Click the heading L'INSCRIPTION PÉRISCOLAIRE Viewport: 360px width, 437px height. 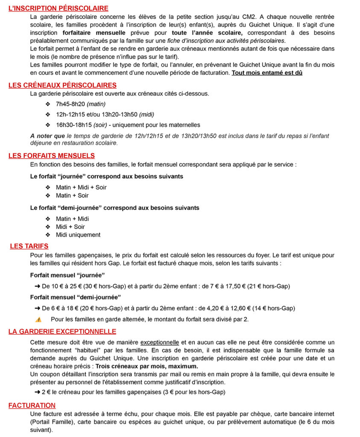(x=59, y=8)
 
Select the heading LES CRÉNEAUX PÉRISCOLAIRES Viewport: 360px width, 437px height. (x=62, y=85)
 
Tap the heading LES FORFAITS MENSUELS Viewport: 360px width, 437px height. (x=52, y=156)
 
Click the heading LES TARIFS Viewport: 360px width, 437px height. (x=29, y=246)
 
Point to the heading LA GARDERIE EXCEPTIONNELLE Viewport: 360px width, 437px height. (x=62, y=332)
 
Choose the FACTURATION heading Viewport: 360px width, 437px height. (x=32, y=405)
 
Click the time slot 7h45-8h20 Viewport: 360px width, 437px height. (x=70, y=104)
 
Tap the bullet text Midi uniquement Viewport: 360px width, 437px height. (x=78, y=235)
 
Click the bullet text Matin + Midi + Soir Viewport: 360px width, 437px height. (x=81, y=187)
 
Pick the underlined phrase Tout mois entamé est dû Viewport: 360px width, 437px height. (x=267, y=73)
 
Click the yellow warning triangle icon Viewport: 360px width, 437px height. (x=38, y=319)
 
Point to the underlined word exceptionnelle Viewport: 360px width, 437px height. (x=160, y=342)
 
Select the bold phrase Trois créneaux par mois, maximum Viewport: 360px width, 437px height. (x=146, y=367)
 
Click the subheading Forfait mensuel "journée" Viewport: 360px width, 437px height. (x=67, y=275)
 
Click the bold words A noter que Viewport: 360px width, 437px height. (x=47, y=136)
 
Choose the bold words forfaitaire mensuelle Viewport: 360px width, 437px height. (x=94, y=32)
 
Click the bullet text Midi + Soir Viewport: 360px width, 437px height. (x=70, y=227)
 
